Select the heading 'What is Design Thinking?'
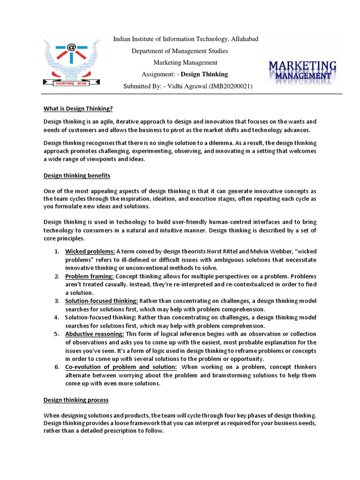[78, 109]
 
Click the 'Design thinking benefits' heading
[77, 176]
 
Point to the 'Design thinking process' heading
[76, 400]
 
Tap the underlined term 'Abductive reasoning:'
[95, 334]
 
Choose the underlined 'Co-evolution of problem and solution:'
[121, 367]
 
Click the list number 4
[56, 317]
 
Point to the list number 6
[56, 367]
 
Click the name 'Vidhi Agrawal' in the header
[181, 86]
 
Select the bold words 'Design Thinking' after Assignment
[204, 74]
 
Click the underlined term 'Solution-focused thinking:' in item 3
[101, 301]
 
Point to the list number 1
[56, 251]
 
